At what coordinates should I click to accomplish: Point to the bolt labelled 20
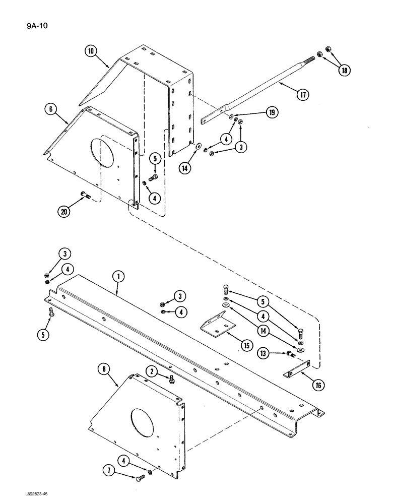click(85, 196)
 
